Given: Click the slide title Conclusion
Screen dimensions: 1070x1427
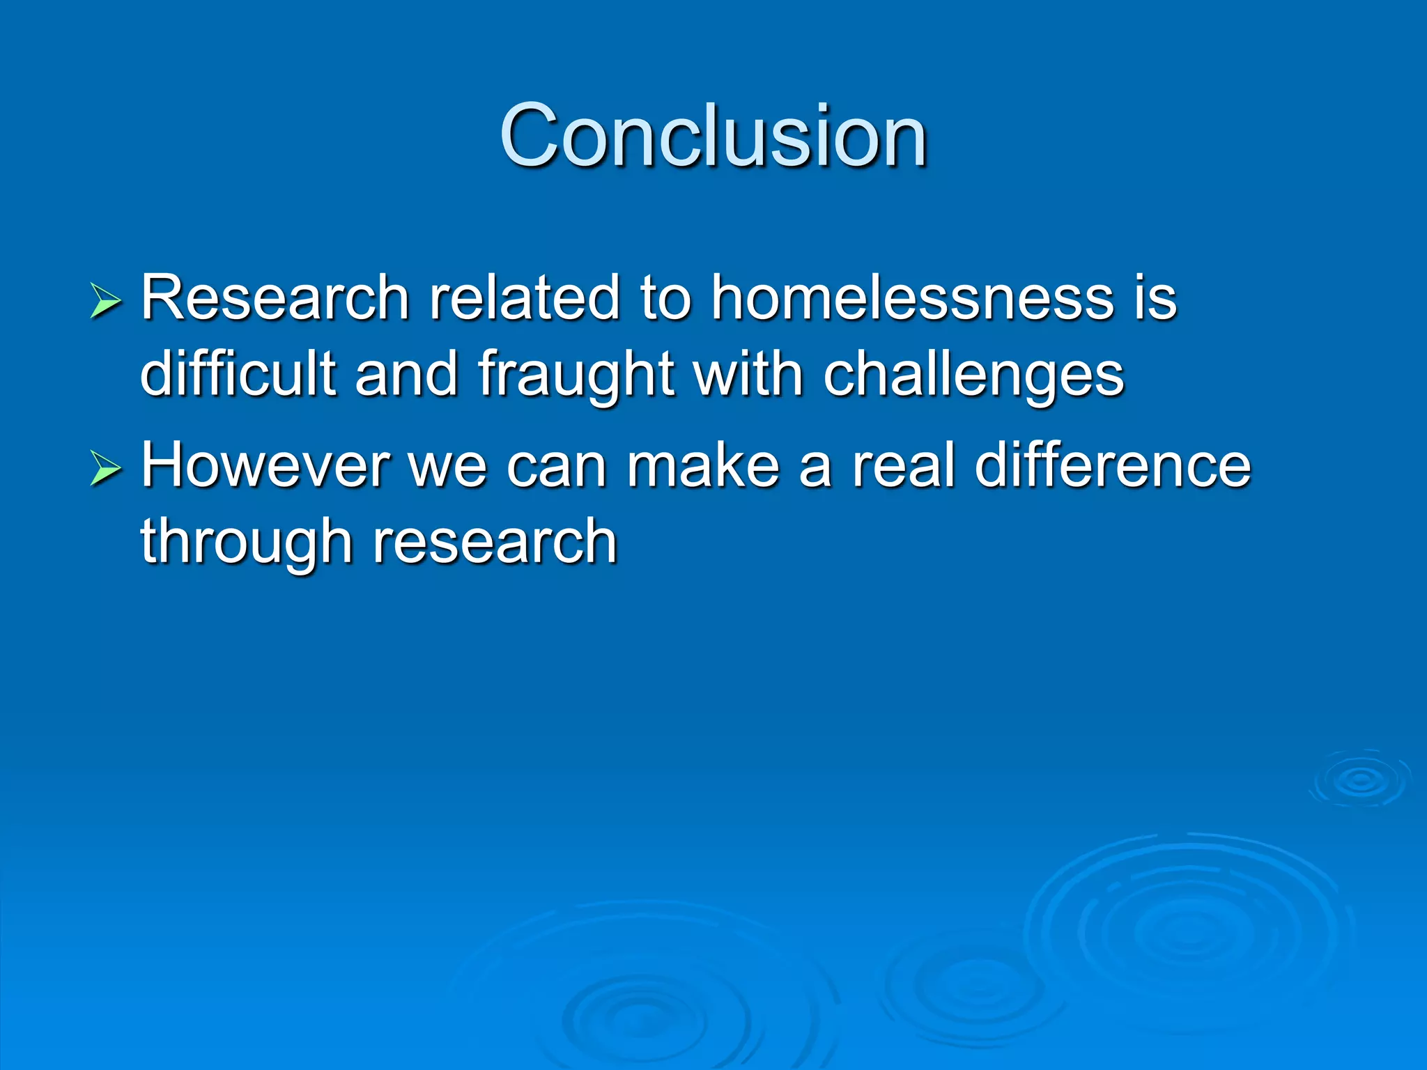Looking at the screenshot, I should [713, 136].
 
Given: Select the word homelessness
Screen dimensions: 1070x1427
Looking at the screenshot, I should [912, 298].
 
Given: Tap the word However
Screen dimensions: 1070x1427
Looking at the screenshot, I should [265, 465].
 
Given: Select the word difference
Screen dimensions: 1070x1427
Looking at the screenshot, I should [1113, 465].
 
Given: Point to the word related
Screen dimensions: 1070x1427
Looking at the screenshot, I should [524, 298].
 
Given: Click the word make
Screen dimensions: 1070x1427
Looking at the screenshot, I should [702, 465].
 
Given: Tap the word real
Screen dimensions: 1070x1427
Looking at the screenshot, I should [904, 465].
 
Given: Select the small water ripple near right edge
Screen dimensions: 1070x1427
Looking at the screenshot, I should [1359, 780].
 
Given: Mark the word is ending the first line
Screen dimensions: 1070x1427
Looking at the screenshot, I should [1155, 298].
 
